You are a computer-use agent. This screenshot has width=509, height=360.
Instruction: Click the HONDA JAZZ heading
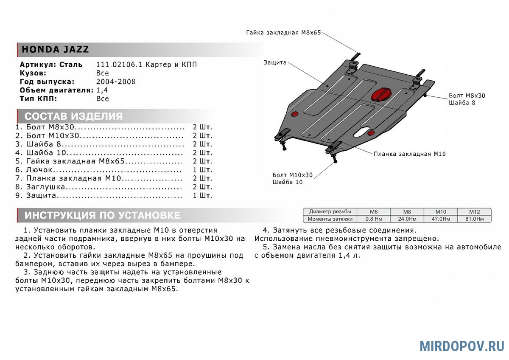55,49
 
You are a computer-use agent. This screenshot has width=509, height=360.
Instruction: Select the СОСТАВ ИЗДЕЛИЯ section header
73,116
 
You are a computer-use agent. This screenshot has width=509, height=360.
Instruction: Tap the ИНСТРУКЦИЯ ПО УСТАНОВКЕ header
102,215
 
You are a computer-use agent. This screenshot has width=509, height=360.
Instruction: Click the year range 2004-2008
116,82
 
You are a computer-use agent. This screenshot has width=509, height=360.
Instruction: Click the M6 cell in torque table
374,211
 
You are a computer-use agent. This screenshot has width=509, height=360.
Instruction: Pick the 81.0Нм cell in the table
474,219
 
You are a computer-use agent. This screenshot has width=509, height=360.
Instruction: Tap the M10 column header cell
440,211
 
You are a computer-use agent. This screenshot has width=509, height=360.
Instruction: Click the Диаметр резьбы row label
330,211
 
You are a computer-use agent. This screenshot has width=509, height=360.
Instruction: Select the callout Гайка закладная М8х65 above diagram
283,33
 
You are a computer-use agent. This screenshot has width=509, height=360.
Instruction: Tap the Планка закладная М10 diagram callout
409,154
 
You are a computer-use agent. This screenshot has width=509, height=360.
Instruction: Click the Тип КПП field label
38,98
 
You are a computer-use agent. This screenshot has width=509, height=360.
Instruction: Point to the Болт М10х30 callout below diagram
293,174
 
